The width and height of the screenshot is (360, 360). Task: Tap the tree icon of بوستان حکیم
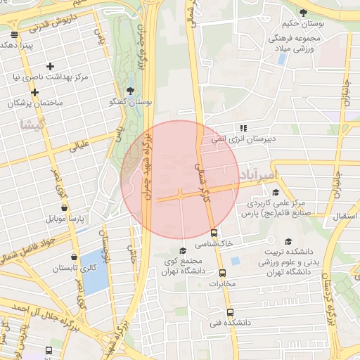point(302,13)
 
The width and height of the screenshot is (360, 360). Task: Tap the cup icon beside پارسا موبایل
point(65,208)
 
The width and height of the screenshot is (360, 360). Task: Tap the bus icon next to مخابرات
point(222,273)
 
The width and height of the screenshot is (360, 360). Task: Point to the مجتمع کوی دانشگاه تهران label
point(182,265)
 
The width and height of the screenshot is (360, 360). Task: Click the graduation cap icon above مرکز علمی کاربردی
point(276,193)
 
